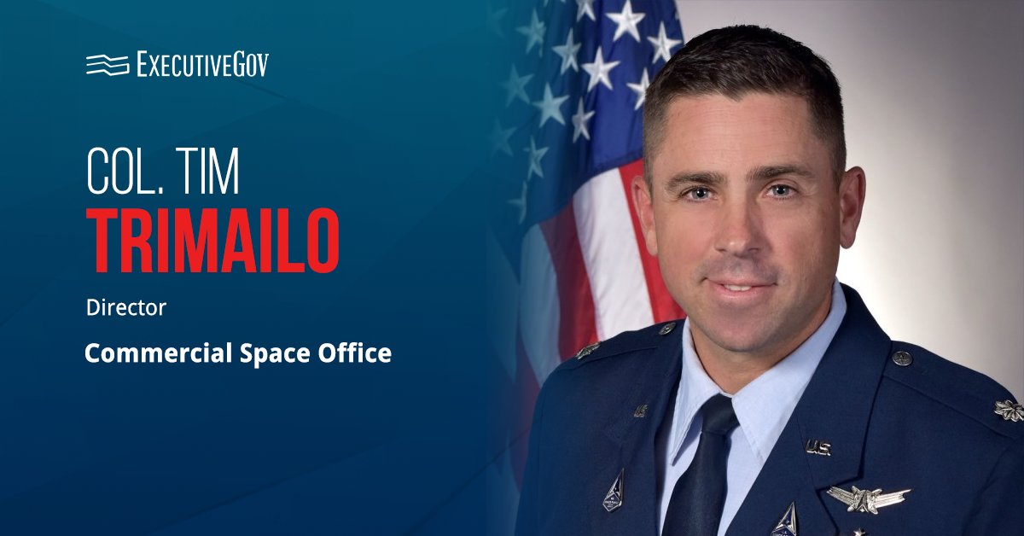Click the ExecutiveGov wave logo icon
108,65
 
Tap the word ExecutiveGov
202,64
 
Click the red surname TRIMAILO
213,241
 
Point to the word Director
126,307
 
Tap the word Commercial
159,353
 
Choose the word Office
355,353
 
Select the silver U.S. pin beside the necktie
817,447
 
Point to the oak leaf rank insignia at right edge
1009,410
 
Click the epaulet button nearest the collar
667,328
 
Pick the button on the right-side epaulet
902,358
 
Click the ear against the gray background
852,207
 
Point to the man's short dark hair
745,73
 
